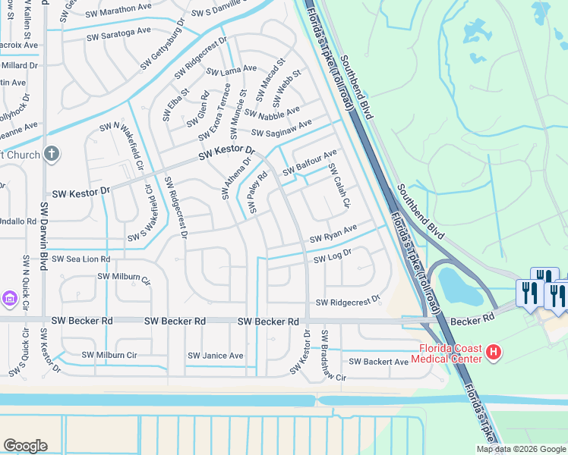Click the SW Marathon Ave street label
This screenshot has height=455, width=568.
[x=119, y=8]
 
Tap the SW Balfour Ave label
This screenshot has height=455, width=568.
[x=310, y=163]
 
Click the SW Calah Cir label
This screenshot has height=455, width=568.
[x=339, y=187]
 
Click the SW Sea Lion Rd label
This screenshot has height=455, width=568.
[x=81, y=259]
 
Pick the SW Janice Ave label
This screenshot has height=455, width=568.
[x=216, y=355]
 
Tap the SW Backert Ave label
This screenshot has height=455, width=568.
[x=379, y=362]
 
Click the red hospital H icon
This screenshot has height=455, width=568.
[x=494, y=351]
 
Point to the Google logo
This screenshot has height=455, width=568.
[x=25, y=446]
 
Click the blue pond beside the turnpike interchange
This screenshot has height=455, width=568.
[x=456, y=284]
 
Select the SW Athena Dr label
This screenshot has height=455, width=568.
[x=235, y=178]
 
